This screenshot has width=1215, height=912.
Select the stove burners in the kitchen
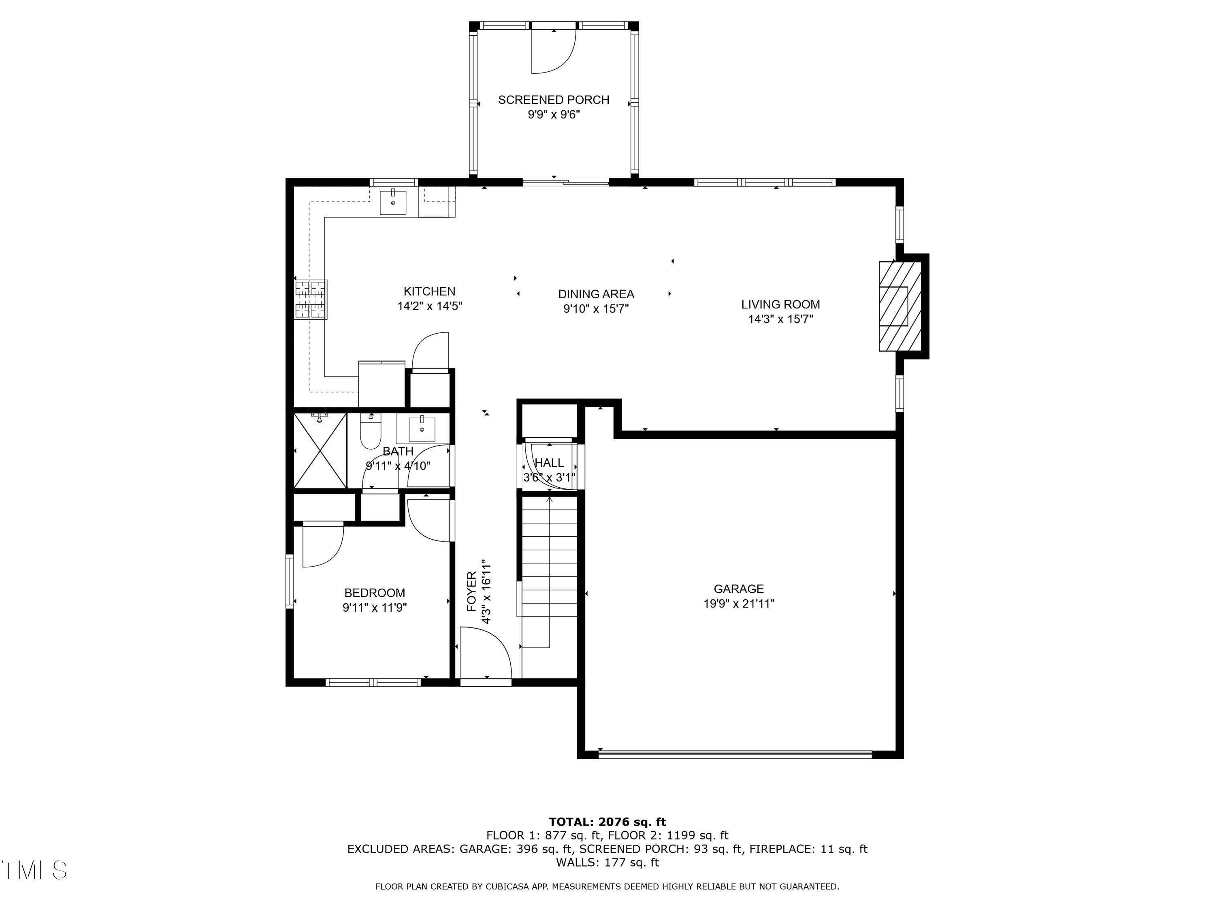(x=311, y=300)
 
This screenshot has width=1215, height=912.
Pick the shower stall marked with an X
(x=320, y=451)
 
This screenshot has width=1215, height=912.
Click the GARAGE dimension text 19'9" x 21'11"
(x=739, y=604)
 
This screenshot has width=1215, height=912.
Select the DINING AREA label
(x=596, y=294)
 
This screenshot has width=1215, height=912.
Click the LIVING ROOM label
(x=780, y=304)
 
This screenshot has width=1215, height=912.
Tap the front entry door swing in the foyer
(x=486, y=654)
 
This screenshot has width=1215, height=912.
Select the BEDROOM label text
(x=375, y=593)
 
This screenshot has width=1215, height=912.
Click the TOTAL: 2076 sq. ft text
(x=607, y=822)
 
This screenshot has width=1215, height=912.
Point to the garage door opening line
(x=735, y=755)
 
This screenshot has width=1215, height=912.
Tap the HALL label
(x=549, y=463)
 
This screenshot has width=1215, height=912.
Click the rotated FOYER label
(x=471, y=591)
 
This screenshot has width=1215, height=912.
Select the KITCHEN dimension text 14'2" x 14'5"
(x=430, y=306)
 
